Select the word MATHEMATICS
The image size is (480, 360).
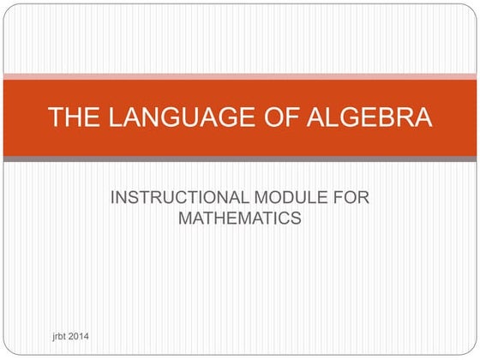click(239, 219)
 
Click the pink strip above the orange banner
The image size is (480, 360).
click(240, 76)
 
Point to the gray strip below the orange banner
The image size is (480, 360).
click(240, 159)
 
